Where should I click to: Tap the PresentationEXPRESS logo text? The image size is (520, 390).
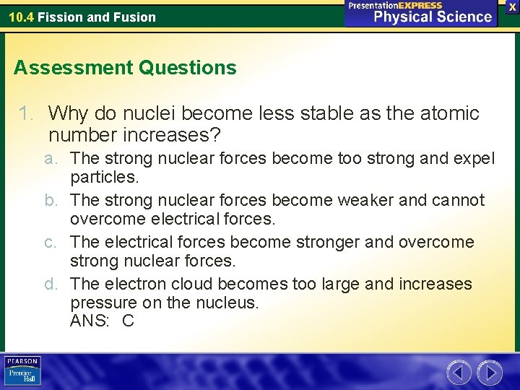395,5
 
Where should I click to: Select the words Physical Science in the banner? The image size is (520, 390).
432,17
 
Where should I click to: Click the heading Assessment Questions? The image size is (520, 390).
125,68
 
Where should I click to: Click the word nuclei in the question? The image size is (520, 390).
152,113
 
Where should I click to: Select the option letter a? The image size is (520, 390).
48,158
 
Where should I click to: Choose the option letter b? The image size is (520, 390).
48,200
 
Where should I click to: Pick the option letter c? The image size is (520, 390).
48,242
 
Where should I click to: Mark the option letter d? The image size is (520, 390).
48,284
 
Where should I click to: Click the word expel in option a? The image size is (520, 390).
475,158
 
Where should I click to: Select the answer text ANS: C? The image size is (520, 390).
102,321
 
